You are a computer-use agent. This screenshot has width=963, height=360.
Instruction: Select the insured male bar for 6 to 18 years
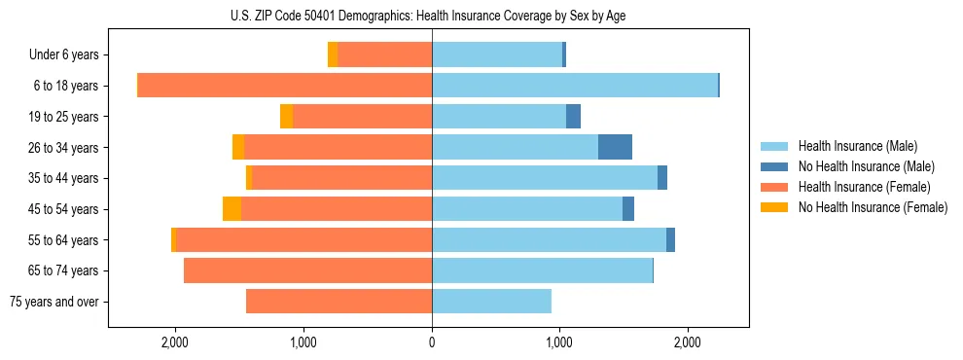(x=574, y=86)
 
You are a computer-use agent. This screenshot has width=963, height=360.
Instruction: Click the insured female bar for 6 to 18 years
(x=285, y=86)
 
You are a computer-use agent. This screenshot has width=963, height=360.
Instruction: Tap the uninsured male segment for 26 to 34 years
(x=615, y=147)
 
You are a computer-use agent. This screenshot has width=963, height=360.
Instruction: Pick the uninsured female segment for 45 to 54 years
(x=232, y=209)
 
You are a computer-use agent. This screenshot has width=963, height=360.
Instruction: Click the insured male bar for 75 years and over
(x=491, y=302)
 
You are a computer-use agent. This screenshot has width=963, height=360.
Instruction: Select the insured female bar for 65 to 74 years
(x=307, y=270)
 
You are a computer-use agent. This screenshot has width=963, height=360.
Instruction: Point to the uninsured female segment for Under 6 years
(x=333, y=55)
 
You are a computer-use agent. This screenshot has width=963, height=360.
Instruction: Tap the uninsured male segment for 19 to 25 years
(x=573, y=117)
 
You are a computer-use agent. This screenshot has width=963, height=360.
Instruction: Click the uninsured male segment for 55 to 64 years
(x=670, y=240)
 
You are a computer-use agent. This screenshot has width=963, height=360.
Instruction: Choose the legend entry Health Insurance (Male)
(x=857, y=146)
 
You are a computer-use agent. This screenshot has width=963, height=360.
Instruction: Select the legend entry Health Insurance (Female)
(x=864, y=187)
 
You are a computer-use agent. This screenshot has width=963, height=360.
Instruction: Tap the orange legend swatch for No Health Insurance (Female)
(x=775, y=207)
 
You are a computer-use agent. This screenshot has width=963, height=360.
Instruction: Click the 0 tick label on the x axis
(x=432, y=342)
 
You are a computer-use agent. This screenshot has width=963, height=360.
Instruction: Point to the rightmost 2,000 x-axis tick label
(x=688, y=342)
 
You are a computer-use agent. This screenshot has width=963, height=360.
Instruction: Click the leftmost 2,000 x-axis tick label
(x=175, y=342)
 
